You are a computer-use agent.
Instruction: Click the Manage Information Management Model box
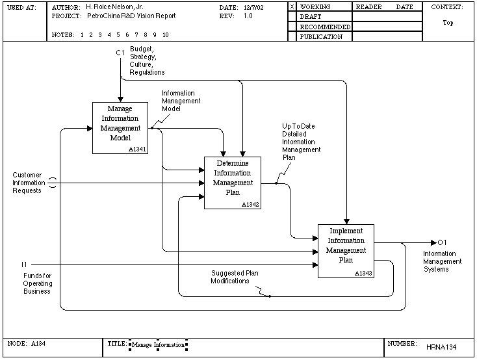coord(120,128)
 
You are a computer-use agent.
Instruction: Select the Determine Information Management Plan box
coord(233,183)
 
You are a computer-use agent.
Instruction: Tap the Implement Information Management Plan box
coord(346,251)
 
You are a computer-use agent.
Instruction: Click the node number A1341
coord(137,149)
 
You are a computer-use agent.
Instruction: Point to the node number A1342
coord(250,205)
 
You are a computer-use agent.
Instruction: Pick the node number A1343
coord(363,274)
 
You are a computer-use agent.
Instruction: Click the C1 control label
coord(120,53)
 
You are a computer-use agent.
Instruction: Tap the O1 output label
coord(442,242)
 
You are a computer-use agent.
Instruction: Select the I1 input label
coord(24,264)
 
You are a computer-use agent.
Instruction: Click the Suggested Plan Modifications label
coord(235,277)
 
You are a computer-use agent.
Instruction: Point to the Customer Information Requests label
coord(29,183)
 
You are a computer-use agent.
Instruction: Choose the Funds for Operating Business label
coord(38,283)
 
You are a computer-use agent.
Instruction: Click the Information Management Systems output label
coord(443,261)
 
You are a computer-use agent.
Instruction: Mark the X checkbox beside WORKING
coord(292,6)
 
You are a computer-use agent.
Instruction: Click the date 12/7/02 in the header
coord(253,8)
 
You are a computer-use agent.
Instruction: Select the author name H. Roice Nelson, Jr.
coord(114,6)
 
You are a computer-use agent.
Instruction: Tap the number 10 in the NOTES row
coord(166,34)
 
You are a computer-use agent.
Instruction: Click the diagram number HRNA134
coord(441,347)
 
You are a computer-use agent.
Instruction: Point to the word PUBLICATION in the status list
coord(321,36)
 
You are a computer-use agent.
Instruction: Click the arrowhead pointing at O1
coord(434,242)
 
